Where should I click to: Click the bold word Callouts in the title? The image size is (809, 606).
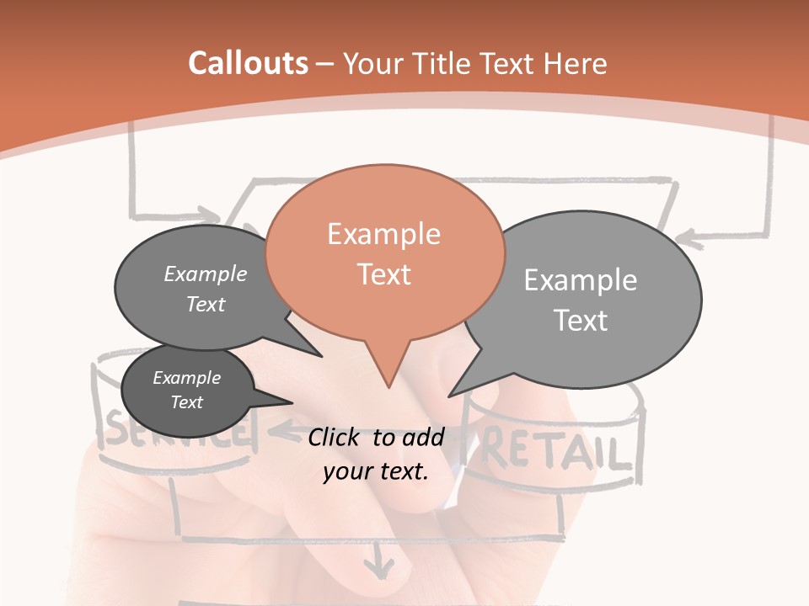(248, 63)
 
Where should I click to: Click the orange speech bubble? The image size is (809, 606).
(384, 252)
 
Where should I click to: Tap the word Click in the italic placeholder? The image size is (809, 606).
(335, 437)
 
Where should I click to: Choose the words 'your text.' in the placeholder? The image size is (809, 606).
(376, 471)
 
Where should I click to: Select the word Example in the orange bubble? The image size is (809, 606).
(384, 234)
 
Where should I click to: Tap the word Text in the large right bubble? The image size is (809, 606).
(581, 321)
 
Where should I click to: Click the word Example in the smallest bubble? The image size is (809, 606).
(187, 378)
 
